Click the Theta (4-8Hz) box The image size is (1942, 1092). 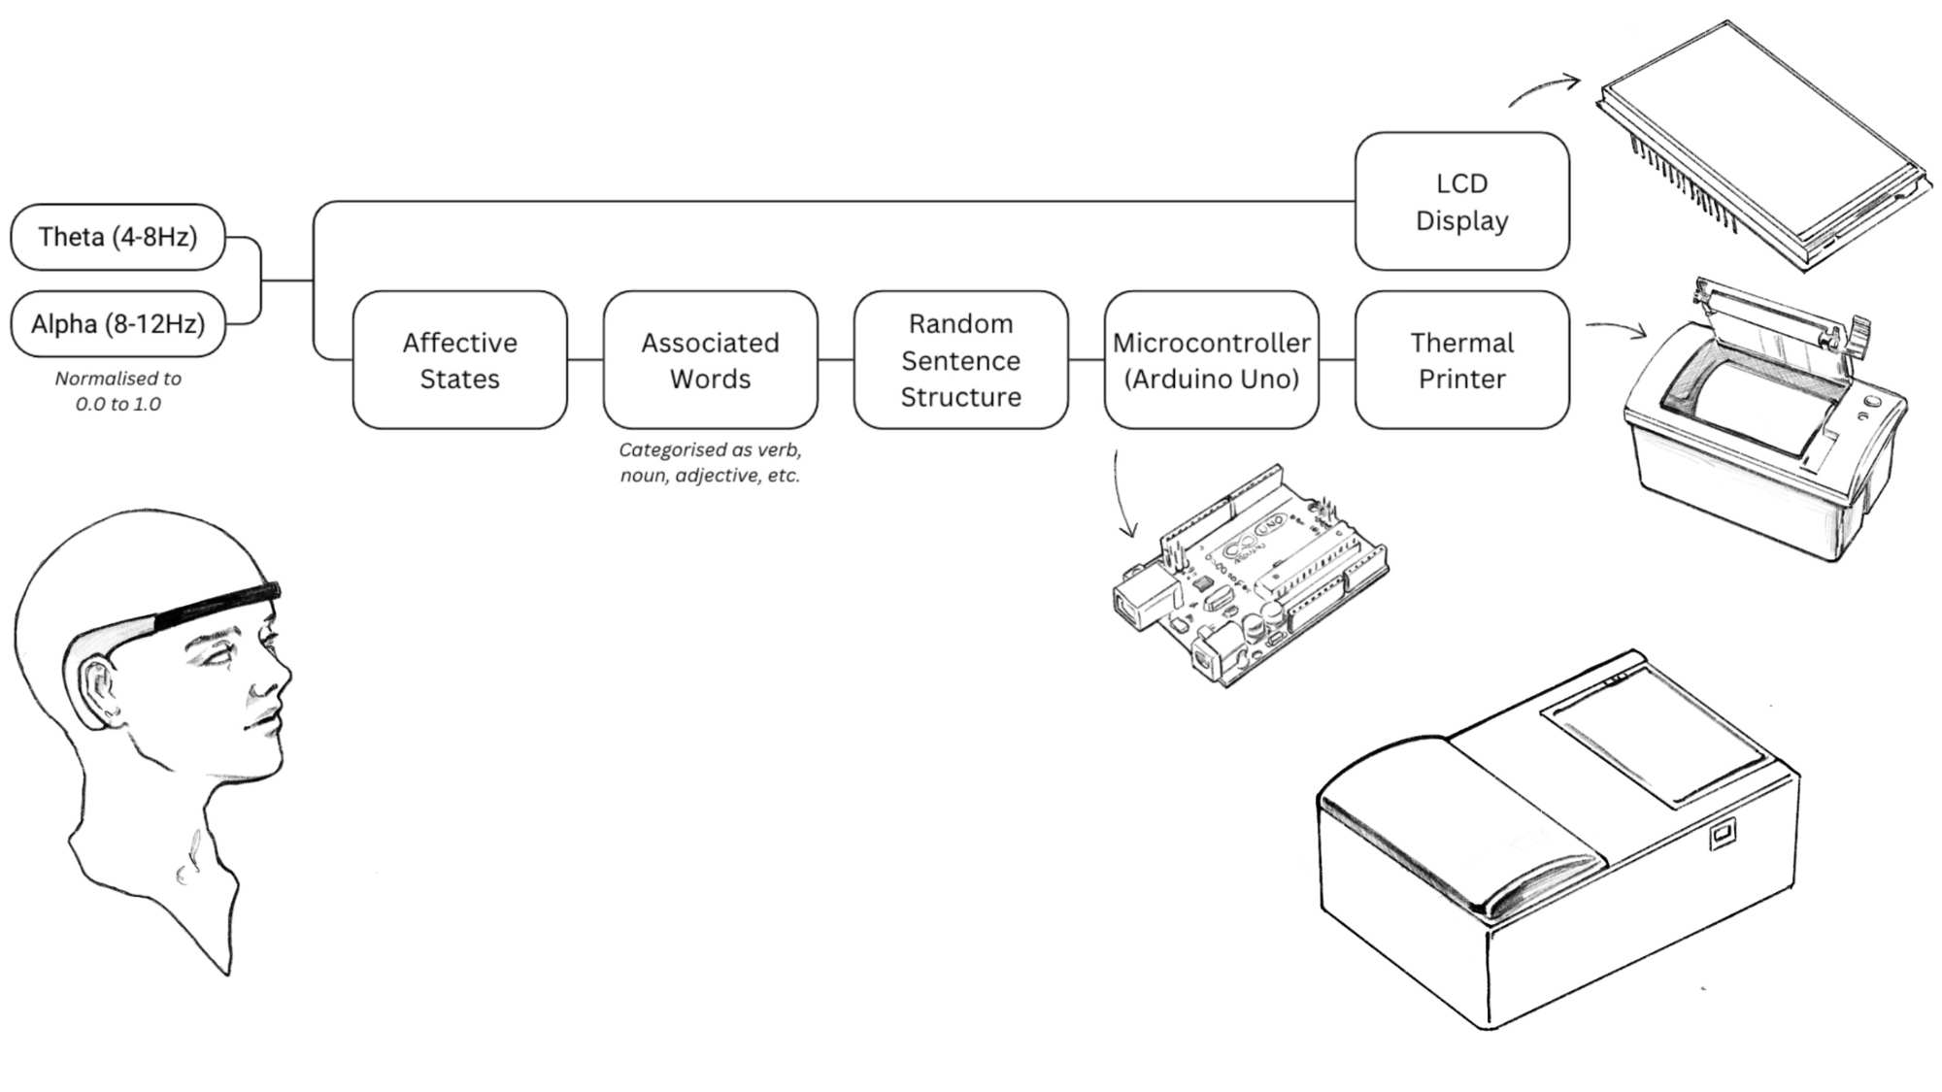point(117,237)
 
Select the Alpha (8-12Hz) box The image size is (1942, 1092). point(117,323)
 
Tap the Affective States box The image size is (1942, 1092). point(459,360)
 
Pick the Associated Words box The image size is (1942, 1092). point(710,360)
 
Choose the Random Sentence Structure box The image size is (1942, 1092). point(960,360)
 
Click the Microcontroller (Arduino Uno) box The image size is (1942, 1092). point(1211,360)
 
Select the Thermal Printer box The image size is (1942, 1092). point(1461,360)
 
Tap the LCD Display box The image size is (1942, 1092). point(1461,202)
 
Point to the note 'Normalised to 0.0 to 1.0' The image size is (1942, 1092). point(118,391)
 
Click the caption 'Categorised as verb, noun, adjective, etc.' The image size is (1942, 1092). point(710,463)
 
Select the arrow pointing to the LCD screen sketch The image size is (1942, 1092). point(1544,88)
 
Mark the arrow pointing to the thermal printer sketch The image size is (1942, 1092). point(1617,328)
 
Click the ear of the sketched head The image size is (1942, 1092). point(97,684)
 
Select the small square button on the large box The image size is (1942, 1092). point(1722,833)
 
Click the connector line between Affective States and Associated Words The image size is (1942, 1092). point(585,360)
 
